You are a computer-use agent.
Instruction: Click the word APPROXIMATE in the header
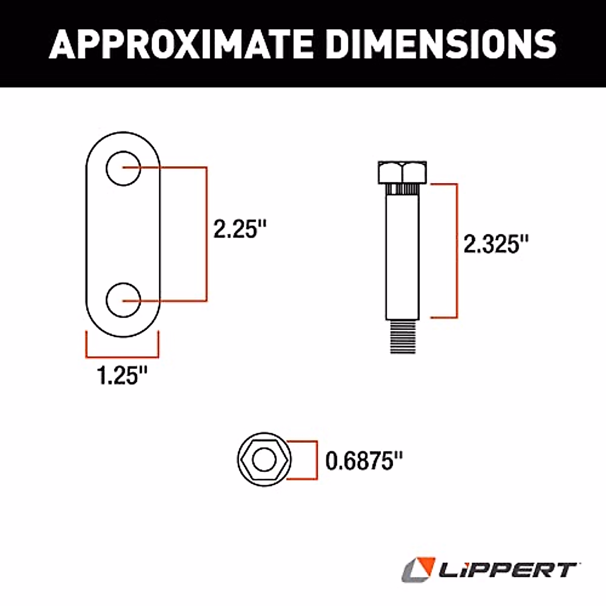(181, 44)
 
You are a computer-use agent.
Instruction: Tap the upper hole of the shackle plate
(123, 168)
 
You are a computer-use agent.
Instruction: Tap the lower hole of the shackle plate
(123, 300)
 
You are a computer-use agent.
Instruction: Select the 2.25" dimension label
(240, 229)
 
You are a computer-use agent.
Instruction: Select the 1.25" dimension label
(122, 375)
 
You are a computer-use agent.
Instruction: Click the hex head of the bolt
(402, 172)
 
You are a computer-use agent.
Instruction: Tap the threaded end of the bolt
(402, 336)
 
